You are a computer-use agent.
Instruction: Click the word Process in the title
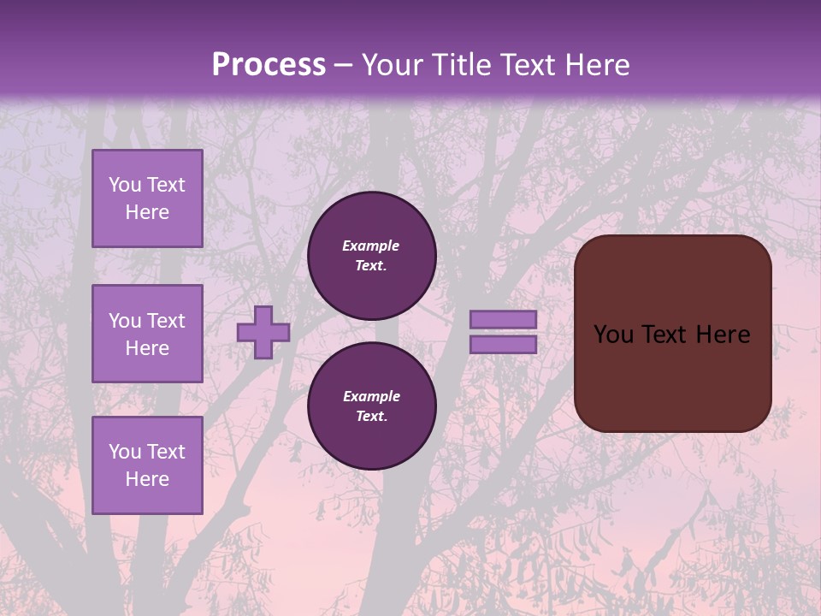tap(269, 65)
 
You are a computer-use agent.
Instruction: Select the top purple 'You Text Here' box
tap(147, 198)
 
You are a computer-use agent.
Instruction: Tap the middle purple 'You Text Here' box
tap(147, 334)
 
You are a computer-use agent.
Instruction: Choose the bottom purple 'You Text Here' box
tap(147, 465)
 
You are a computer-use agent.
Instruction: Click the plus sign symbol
tap(263, 332)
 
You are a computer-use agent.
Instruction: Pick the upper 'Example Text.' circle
tap(371, 256)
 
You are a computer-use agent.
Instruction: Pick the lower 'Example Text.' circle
tap(371, 406)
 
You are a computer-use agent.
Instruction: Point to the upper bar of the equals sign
tap(503, 319)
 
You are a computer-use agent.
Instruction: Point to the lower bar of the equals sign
tap(503, 344)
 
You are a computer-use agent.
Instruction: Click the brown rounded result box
tap(672, 376)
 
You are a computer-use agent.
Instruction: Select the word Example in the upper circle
tap(371, 246)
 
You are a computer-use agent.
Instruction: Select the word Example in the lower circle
tap(371, 396)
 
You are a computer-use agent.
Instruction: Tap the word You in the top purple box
tap(125, 185)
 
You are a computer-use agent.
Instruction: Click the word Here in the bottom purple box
tap(147, 479)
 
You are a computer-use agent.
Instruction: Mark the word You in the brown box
tap(613, 335)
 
